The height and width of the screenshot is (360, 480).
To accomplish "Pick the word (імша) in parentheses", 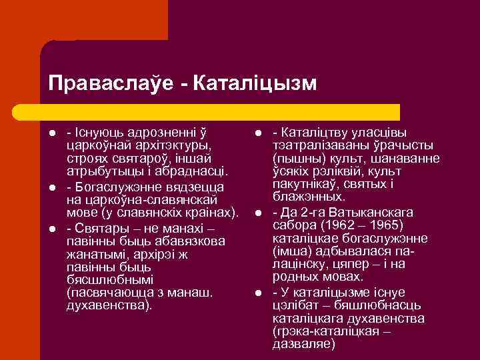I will [x=291, y=251].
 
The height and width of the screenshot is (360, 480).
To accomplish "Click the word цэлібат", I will [x=294, y=305].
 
